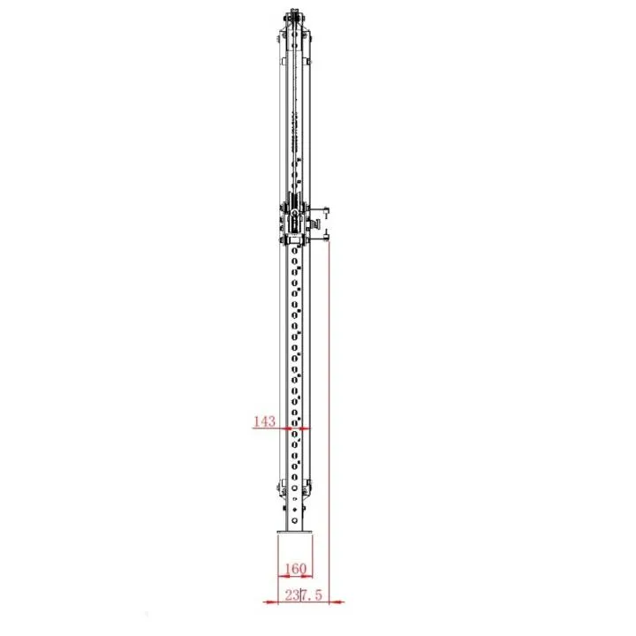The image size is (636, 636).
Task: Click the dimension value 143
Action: [264, 421]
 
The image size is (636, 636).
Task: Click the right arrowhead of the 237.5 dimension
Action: [339, 602]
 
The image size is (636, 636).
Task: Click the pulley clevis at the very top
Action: [293, 19]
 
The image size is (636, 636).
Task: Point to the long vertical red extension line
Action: [328, 415]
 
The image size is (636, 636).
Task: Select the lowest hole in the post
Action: [294, 522]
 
